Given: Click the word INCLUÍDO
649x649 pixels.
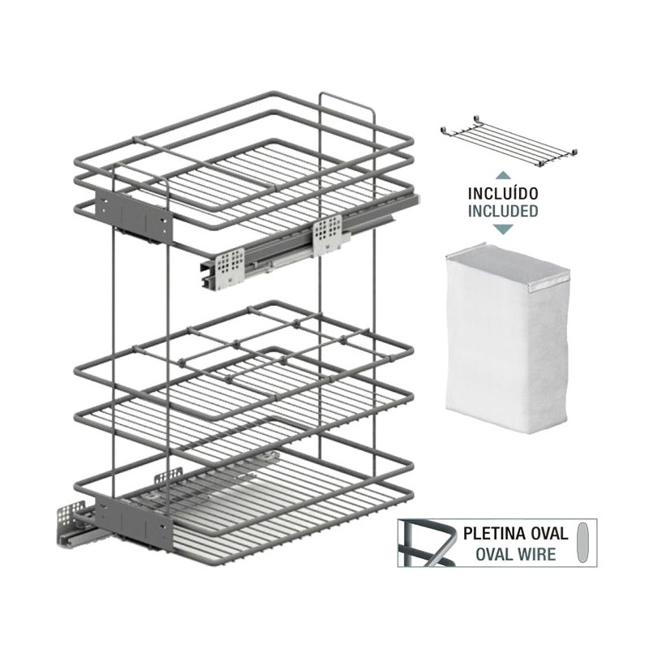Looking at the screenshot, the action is tap(503, 193).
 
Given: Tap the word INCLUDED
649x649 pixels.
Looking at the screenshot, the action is tap(503, 211).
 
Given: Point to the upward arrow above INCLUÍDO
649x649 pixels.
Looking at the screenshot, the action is tap(503, 175).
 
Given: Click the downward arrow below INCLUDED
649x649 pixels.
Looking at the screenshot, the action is tap(503, 229).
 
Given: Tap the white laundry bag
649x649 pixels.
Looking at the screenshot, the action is tap(507, 337).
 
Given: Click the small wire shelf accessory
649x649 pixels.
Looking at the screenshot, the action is tap(509, 141).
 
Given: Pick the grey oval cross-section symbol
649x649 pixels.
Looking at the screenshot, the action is tap(582, 542).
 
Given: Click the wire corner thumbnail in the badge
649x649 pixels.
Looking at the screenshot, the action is tap(427, 543).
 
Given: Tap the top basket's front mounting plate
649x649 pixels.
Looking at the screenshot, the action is tap(133, 217).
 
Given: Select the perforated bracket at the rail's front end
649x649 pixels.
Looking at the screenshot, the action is tap(229, 268).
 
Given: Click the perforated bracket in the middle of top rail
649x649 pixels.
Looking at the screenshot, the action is tap(328, 234).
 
